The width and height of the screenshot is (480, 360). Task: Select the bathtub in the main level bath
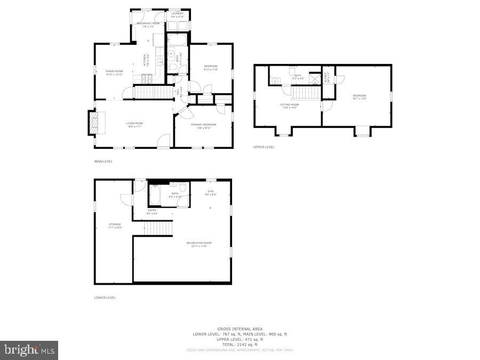coord(177,41)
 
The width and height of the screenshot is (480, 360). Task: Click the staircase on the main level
coord(154,92)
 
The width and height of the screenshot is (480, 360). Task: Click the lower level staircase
coord(159,229)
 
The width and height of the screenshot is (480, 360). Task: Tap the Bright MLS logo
coord(30,350)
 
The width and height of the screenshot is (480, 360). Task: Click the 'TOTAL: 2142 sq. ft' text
coord(239,344)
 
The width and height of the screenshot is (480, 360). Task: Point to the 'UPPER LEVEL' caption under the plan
coord(264,147)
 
